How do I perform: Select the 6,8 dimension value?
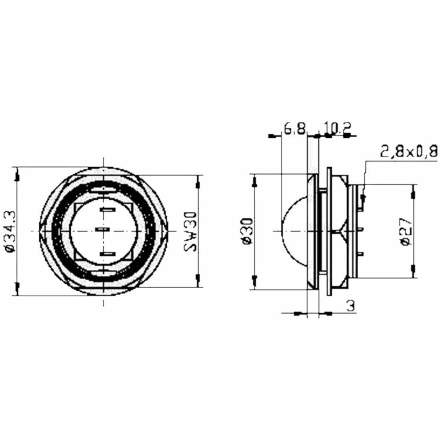294,128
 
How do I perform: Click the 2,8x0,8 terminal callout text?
409,152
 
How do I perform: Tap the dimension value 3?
350,306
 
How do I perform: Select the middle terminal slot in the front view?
102,231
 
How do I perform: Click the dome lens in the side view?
295,231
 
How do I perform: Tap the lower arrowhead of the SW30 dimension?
198,278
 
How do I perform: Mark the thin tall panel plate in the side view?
328,231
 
